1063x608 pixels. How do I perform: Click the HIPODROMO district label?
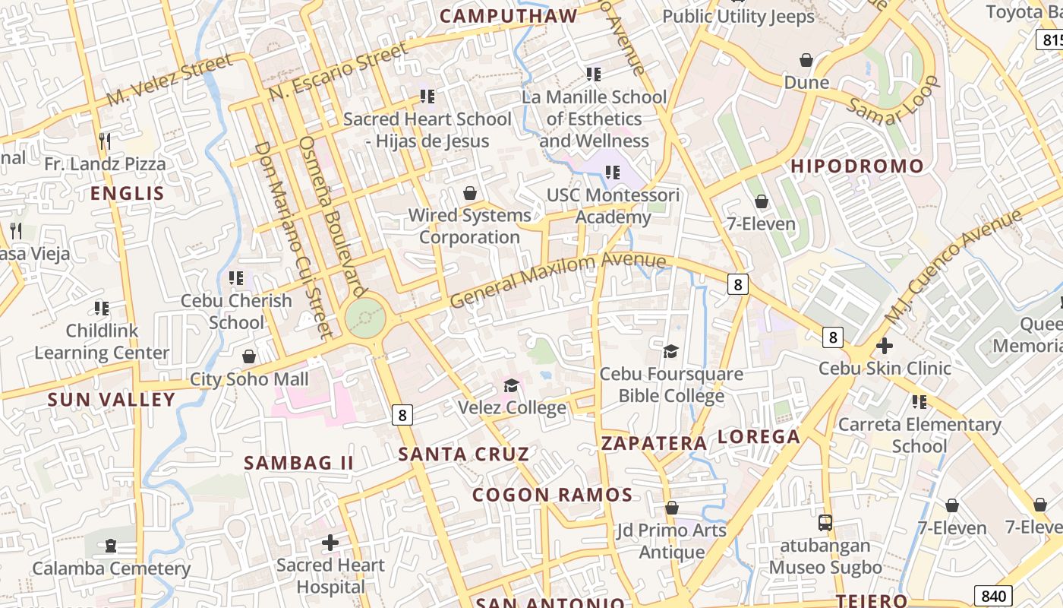(857, 166)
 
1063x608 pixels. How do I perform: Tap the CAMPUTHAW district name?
(508, 16)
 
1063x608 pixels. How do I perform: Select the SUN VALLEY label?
(111, 400)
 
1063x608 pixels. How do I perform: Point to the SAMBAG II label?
(298, 463)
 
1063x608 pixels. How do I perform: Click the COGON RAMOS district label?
(552, 496)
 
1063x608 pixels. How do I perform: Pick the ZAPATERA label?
(654, 444)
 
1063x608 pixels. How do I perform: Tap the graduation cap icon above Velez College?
(511, 386)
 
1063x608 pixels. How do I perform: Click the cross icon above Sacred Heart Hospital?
(330, 543)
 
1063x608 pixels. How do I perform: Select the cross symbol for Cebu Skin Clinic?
(884, 346)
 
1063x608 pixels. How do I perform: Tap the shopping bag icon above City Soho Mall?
(248, 356)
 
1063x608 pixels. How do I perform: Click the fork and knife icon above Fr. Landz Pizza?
(105, 141)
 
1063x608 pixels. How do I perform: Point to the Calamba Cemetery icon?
(111, 546)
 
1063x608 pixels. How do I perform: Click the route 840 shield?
(994, 597)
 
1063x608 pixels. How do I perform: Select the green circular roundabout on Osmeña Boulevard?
(365, 317)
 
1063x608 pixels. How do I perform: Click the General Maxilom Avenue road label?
(557, 279)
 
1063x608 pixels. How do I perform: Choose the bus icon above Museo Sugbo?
(825, 523)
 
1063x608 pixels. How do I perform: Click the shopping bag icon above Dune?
(806, 60)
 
